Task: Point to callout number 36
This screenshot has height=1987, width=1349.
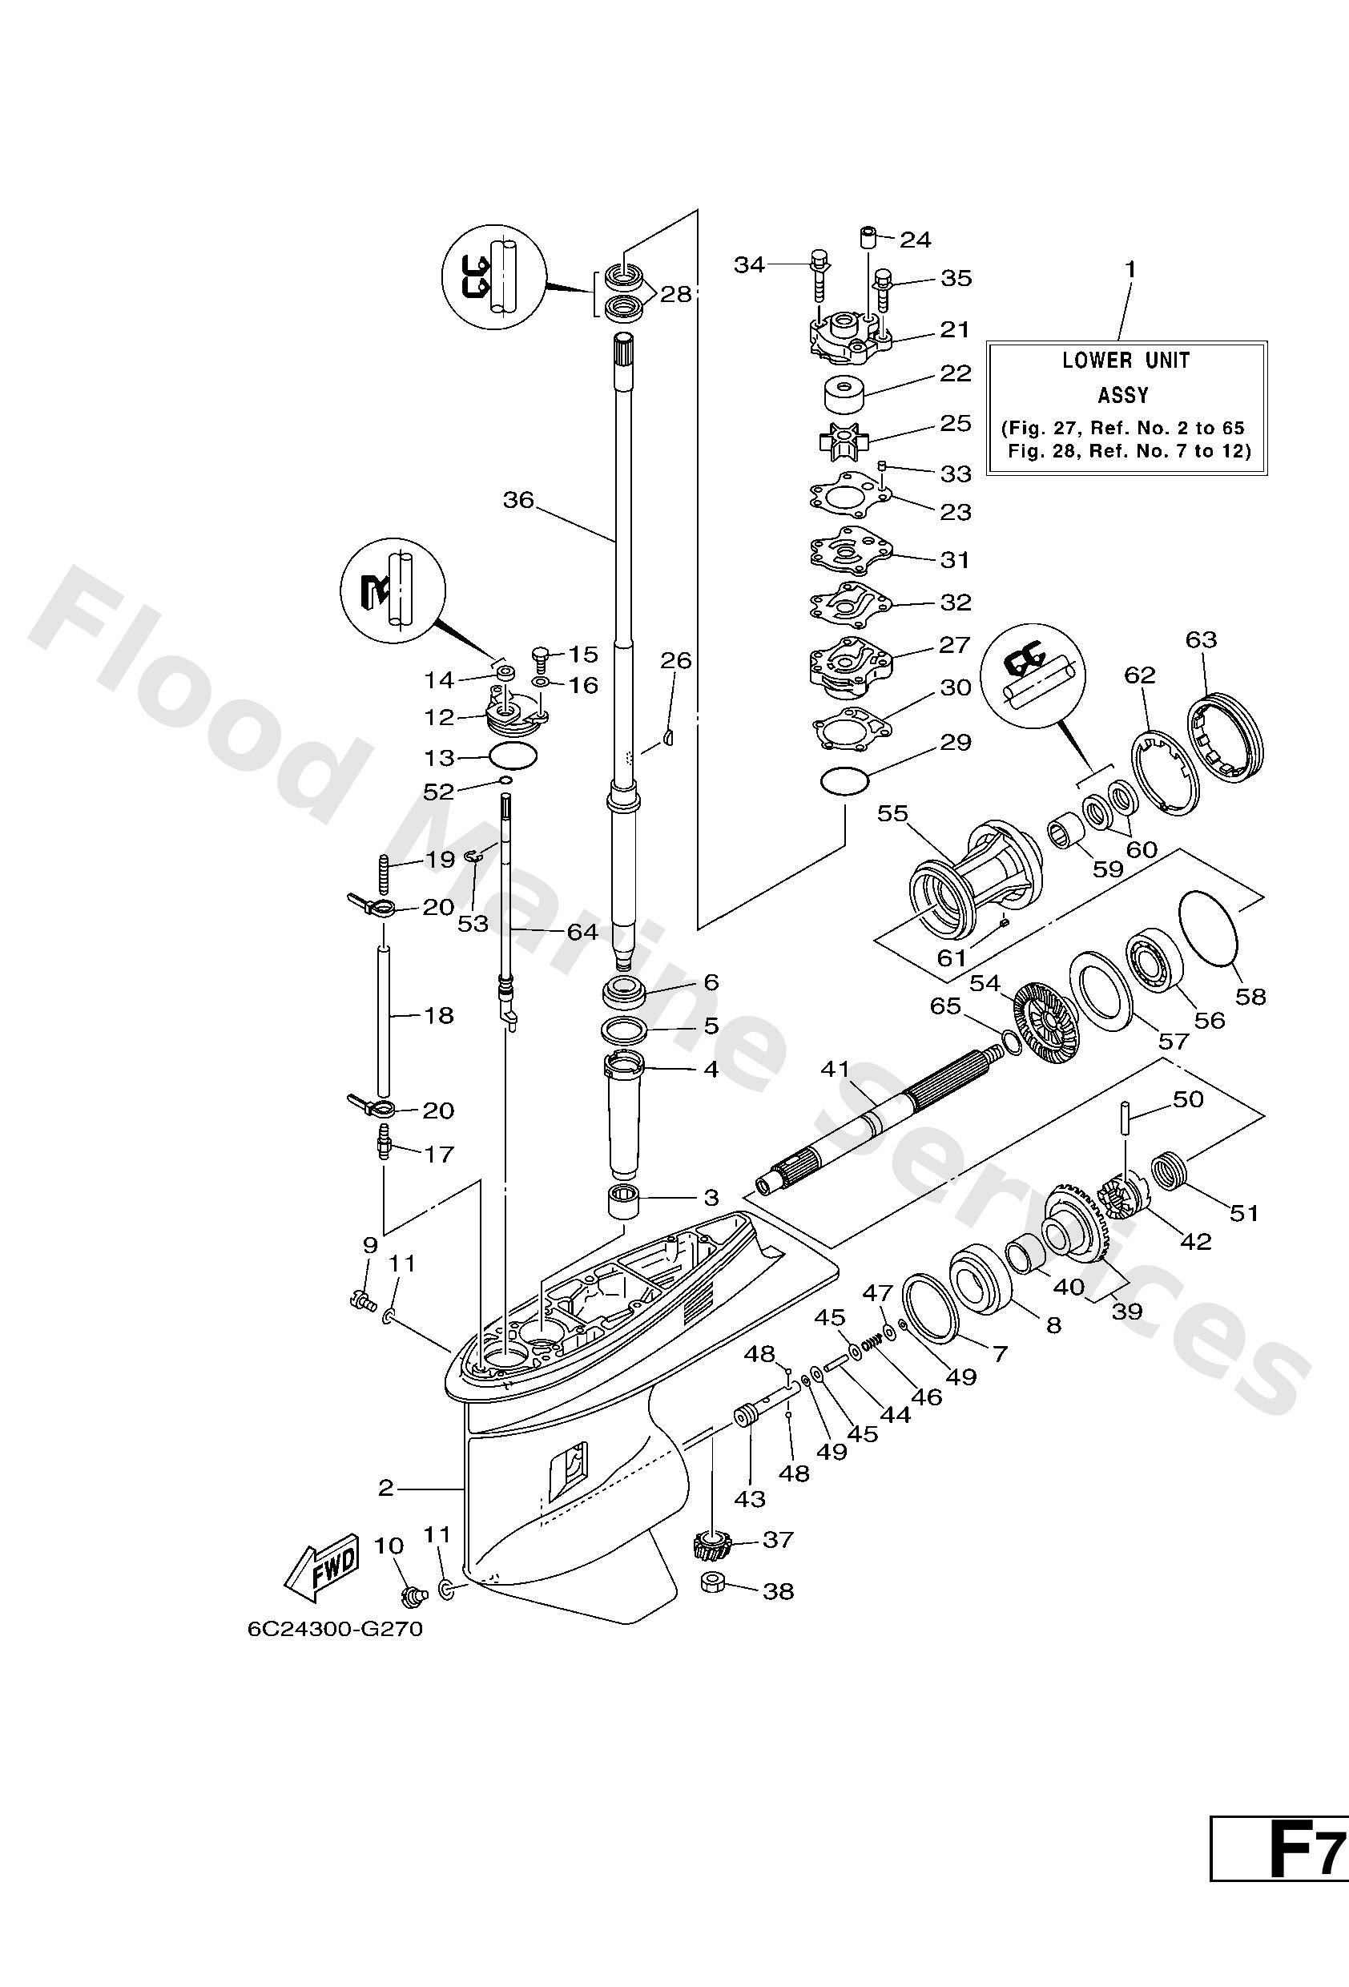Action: (x=517, y=499)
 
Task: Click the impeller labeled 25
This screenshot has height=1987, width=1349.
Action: (x=843, y=443)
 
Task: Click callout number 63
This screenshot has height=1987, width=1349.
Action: (x=1200, y=639)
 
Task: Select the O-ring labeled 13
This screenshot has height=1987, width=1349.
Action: (x=512, y=756)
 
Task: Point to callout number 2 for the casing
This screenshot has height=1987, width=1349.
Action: (x=385, y=1489)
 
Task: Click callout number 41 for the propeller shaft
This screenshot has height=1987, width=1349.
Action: (x=836, y=1069)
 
